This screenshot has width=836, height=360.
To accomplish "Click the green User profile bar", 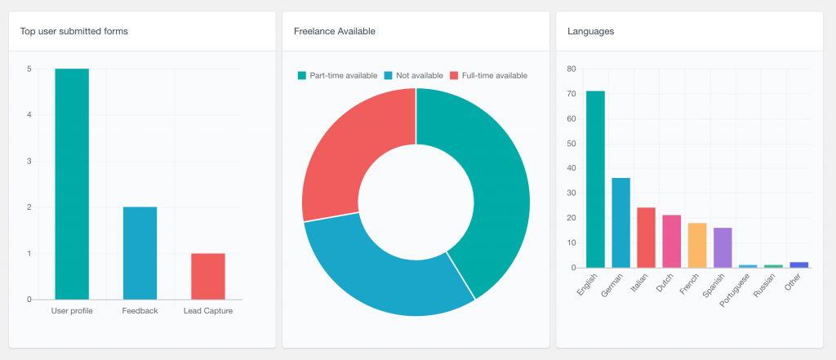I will click(x=72, y=184).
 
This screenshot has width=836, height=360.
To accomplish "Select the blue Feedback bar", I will click(x=140, y=253).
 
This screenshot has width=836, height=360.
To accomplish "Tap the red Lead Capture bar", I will click(x=207, y=276).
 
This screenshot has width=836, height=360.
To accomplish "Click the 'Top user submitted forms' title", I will click(x=74, y=31).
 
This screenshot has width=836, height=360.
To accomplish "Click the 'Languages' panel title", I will click(x=590, y=31).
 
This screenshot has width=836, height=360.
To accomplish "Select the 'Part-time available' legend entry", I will click(x=337, y=75).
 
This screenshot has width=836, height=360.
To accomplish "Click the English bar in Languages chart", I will click(x=595, y=180).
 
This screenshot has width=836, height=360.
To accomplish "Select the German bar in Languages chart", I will click(x=620, y=223).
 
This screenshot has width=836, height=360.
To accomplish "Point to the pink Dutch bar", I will click(x=671, y=241).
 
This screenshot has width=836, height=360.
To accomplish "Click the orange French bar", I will click(x=696, y=245).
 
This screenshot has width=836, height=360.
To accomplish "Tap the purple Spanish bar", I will click(x=723, y=247).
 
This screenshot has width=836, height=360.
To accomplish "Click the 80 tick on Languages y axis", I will click(x=571, y=69).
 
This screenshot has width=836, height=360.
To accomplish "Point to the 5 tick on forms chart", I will click(x=29, y=69).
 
